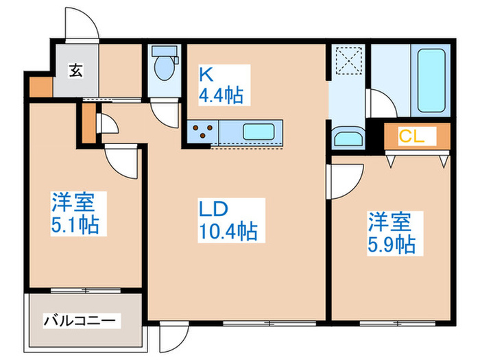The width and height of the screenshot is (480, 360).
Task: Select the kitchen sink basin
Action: (x=260, y=131)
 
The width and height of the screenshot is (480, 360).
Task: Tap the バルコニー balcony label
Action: (x=82, y=320)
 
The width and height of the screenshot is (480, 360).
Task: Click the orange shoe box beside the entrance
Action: (x=40, y=86)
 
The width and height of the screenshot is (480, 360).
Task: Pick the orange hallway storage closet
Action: (x=87, y=124)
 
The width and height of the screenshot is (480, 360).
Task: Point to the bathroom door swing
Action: (x=383, y=104)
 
